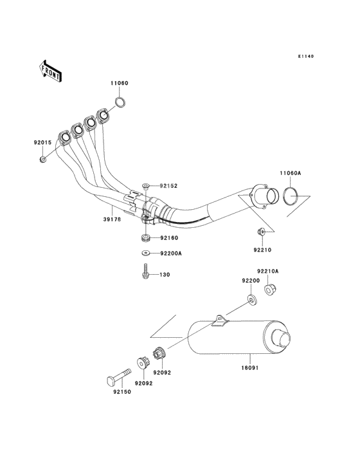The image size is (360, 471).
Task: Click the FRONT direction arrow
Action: [50, 71]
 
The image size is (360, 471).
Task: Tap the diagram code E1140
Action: [306, 56]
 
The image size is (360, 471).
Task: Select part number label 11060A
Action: [290, 173]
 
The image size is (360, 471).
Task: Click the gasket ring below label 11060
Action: [120, 102]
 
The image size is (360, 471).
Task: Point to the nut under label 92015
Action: [43, 159]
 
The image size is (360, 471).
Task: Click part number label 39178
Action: [113, 219]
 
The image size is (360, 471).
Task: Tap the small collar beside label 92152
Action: [146, 187]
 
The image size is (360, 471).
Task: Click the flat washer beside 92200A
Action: [146, 254]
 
